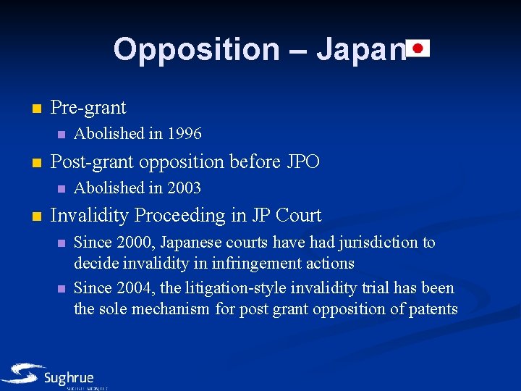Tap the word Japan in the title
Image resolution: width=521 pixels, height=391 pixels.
pos(359,49)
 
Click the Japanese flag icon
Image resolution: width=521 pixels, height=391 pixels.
pos(418,49)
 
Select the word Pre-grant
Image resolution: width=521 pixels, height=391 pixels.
pos(88,108)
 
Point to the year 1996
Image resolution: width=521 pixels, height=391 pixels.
pos(185,133)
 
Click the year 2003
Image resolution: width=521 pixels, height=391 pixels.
pos(185,188)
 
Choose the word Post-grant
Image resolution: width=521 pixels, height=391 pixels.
pos(92,161)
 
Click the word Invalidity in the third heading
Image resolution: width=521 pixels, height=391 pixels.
pos(90,215)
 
